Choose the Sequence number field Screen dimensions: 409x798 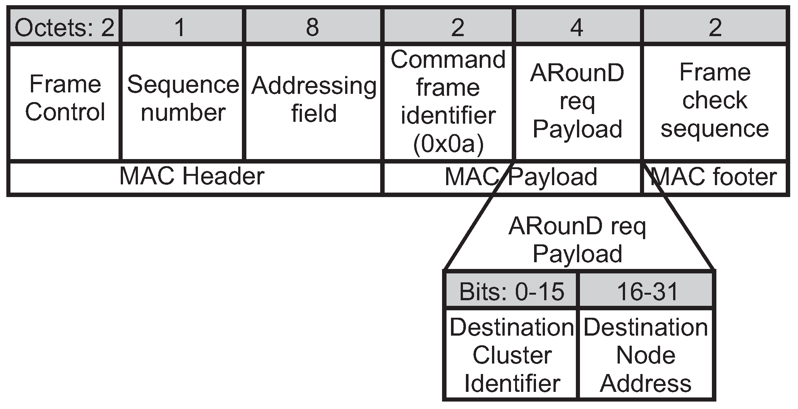click(x=183, y=98)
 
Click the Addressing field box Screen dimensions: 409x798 click(x=313, y=99)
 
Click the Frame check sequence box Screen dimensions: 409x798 click(x=715, y=101)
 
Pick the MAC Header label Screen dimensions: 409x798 click(x=192, y=177)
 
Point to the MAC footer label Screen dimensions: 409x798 click(x=714, y=177)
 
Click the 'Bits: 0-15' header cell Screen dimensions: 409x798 click(x=511, y=291)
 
